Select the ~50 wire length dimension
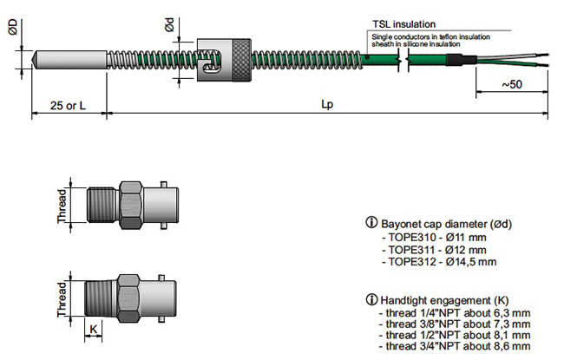(511, 84)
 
